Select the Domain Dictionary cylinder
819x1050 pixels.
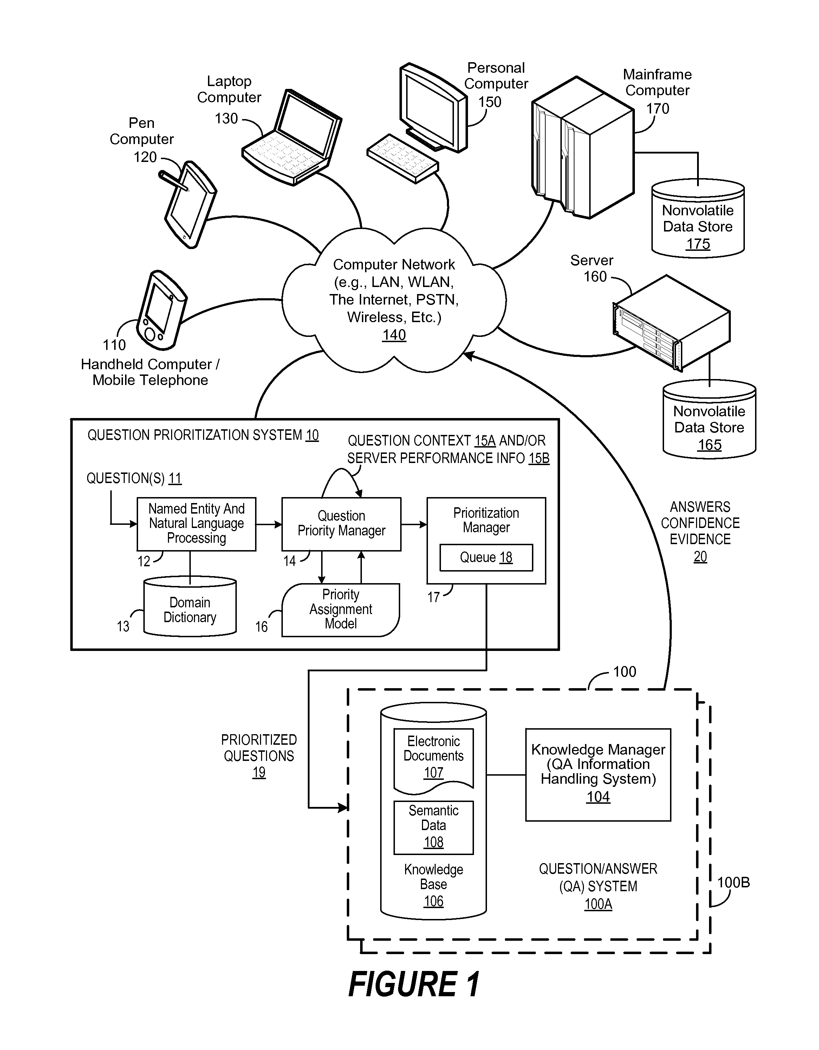(x=190, y=607)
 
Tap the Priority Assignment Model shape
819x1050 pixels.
(x=340, y=609)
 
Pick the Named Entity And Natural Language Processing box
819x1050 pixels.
(x=196, y=524)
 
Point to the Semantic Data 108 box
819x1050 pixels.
(x=433, y=827)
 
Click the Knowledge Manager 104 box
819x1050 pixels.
(x=598, y=775)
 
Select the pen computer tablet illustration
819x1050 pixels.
(x=188, y=204)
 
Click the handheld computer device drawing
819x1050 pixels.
(x=162, y=311)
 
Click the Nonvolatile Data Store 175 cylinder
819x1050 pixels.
(x=698, y=218)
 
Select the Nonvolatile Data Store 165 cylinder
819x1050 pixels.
(x=709, y=419)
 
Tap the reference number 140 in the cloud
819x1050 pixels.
(x=394, y=335)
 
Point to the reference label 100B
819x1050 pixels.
(x=733, y=882)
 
